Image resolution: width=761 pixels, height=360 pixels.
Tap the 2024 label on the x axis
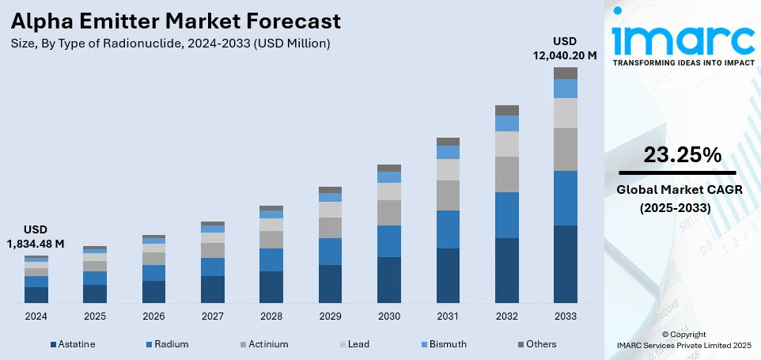(x=36, y=316)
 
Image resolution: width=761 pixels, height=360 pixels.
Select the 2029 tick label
(x=330, y=316)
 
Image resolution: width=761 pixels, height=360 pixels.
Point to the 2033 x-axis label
(x=565, y=316)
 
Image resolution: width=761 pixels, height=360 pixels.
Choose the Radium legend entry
(x=166, y=344)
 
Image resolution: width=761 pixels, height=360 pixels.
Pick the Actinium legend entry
(x=263, y=344)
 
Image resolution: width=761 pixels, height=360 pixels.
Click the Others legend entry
(x=537, y=344)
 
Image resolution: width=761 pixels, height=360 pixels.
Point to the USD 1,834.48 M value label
(x=36, y=236)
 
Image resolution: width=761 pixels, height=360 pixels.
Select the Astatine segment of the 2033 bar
(x=565, y=263)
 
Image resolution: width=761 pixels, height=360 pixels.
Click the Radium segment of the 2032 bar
(x=506, y=214)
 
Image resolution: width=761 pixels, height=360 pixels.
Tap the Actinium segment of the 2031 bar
(x=448, y=195)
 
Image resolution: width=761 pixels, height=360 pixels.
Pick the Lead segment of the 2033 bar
(x=565, y=113)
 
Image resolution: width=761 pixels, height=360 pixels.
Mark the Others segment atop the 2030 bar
(x=388, y=168)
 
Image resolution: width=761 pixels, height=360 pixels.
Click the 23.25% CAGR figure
(x=681, y=154)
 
